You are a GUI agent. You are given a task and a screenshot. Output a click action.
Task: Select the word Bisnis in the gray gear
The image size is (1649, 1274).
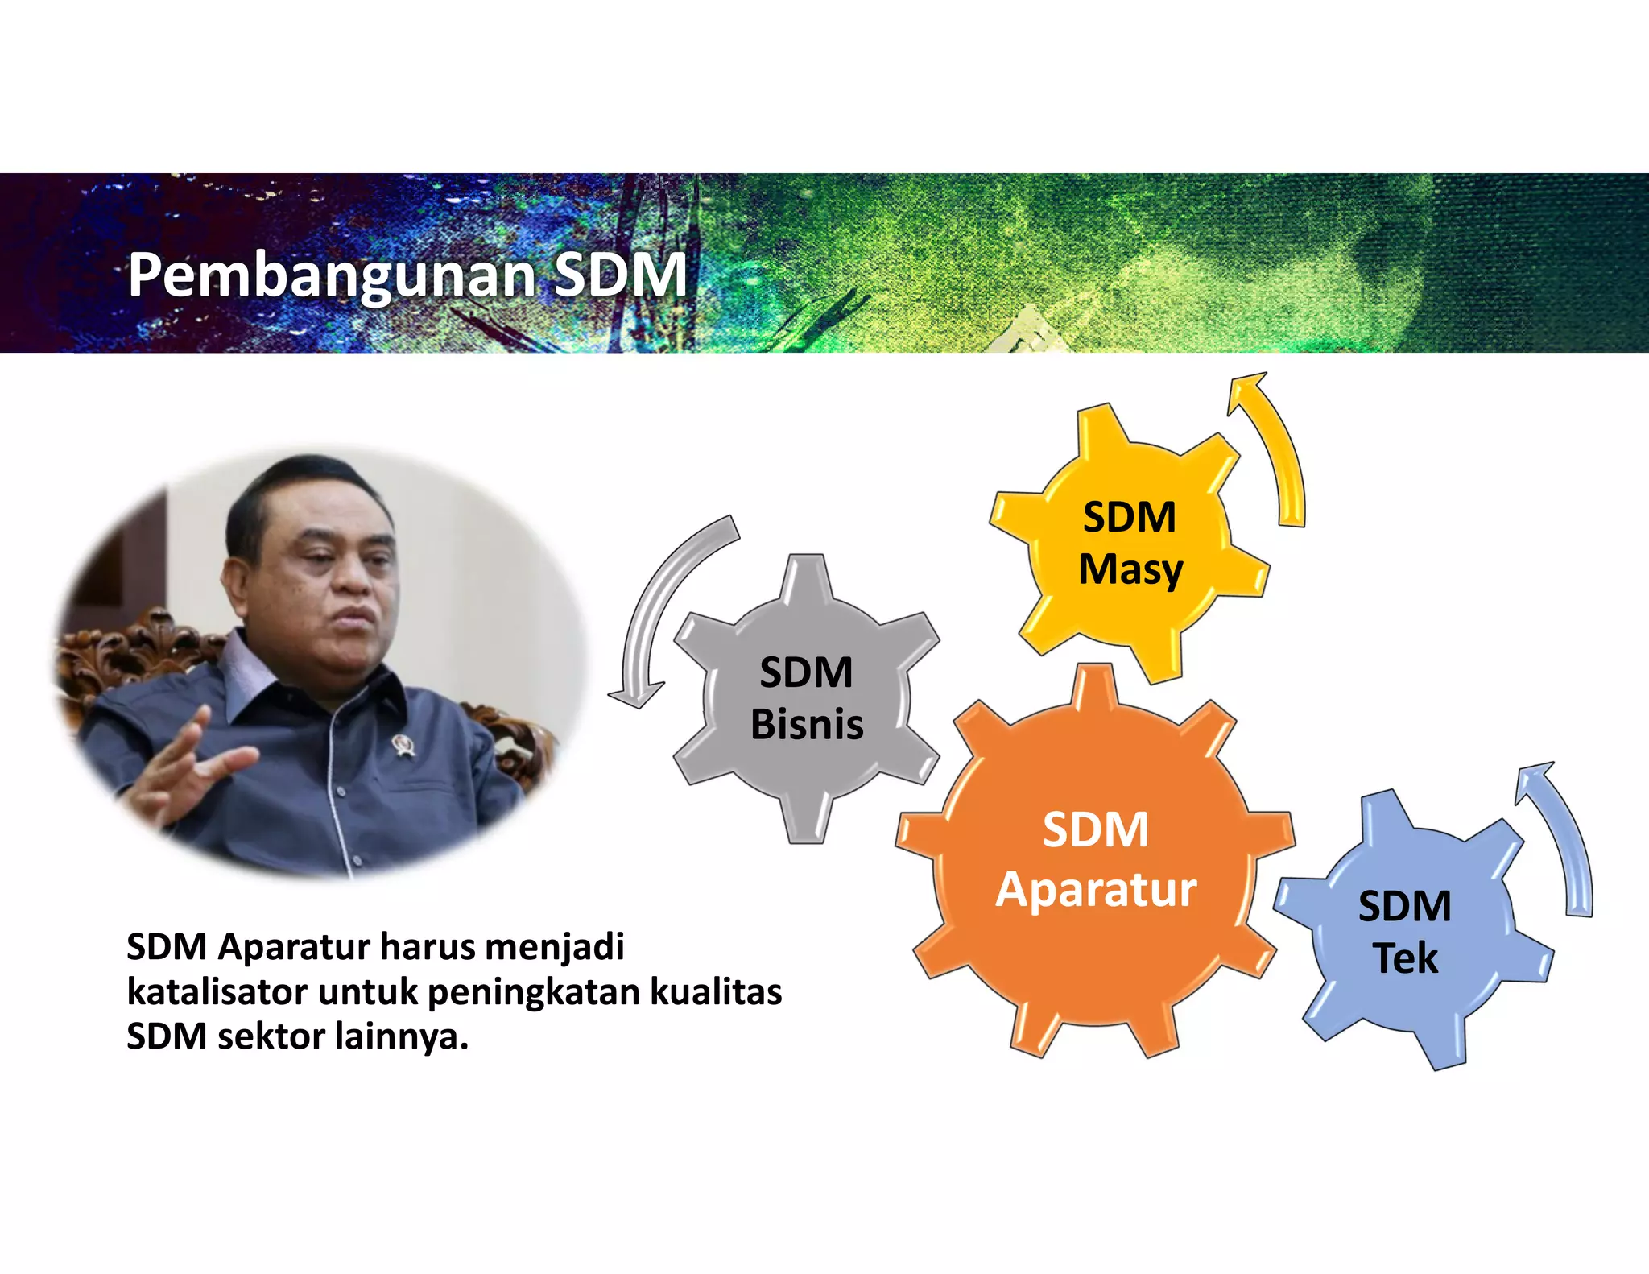pyautogui.click(x=807, y=724)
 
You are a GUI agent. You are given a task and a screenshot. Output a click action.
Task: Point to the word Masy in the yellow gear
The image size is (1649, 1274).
pyautogui.click(x=1130, y=570)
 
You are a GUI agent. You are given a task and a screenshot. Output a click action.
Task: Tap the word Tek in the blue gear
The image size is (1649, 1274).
pyautogui.click(x=1405, y=958)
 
